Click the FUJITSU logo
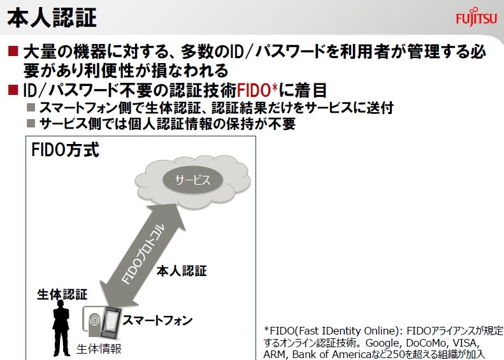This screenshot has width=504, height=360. click(x=477, y=17)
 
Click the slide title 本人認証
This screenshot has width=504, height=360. click(x=52, y=17)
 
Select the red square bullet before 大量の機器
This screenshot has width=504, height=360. click(x=13, y=51)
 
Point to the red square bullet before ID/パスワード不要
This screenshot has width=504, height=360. click(x=13, y=90)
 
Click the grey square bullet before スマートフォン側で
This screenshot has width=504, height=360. click(x=31, y=108)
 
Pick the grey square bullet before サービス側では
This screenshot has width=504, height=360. click(x=31, y=124)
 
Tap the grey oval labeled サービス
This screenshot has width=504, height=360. click(x=192, y=180)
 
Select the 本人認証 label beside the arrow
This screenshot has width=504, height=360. click(x=182, y=271)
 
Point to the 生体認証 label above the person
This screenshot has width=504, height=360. click(x=62, y=294)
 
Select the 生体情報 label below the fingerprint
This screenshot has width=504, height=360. click(x=99, y=349)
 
